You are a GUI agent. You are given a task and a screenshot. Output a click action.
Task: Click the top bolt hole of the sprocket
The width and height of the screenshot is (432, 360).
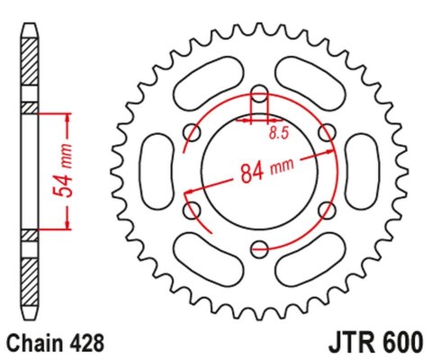coord(259,95)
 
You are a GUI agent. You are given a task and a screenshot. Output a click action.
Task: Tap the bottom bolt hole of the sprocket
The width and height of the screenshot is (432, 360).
coord(259,248)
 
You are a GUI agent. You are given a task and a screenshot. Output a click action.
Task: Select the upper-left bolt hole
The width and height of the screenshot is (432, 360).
coord(193,134)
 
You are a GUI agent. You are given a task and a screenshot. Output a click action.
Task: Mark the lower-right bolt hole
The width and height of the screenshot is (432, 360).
coord(326,211)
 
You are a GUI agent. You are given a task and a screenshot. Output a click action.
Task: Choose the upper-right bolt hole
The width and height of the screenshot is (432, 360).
coord(326,134)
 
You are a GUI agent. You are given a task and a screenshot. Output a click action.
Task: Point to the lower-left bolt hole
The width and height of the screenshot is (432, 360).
coord(193,211)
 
